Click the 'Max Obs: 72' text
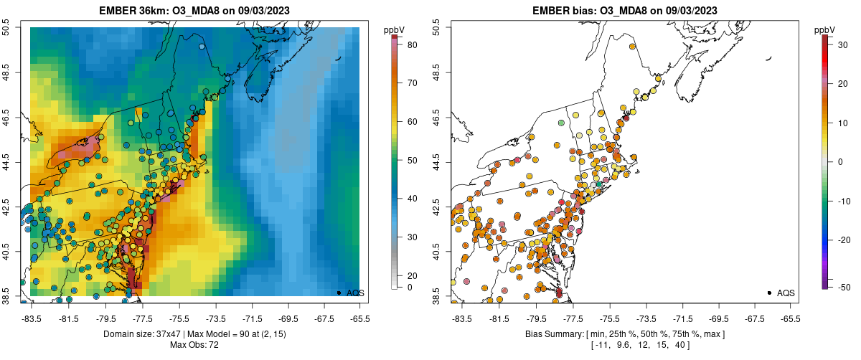194,345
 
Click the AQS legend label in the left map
356,293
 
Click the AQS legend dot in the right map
769,293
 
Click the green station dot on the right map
561,123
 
